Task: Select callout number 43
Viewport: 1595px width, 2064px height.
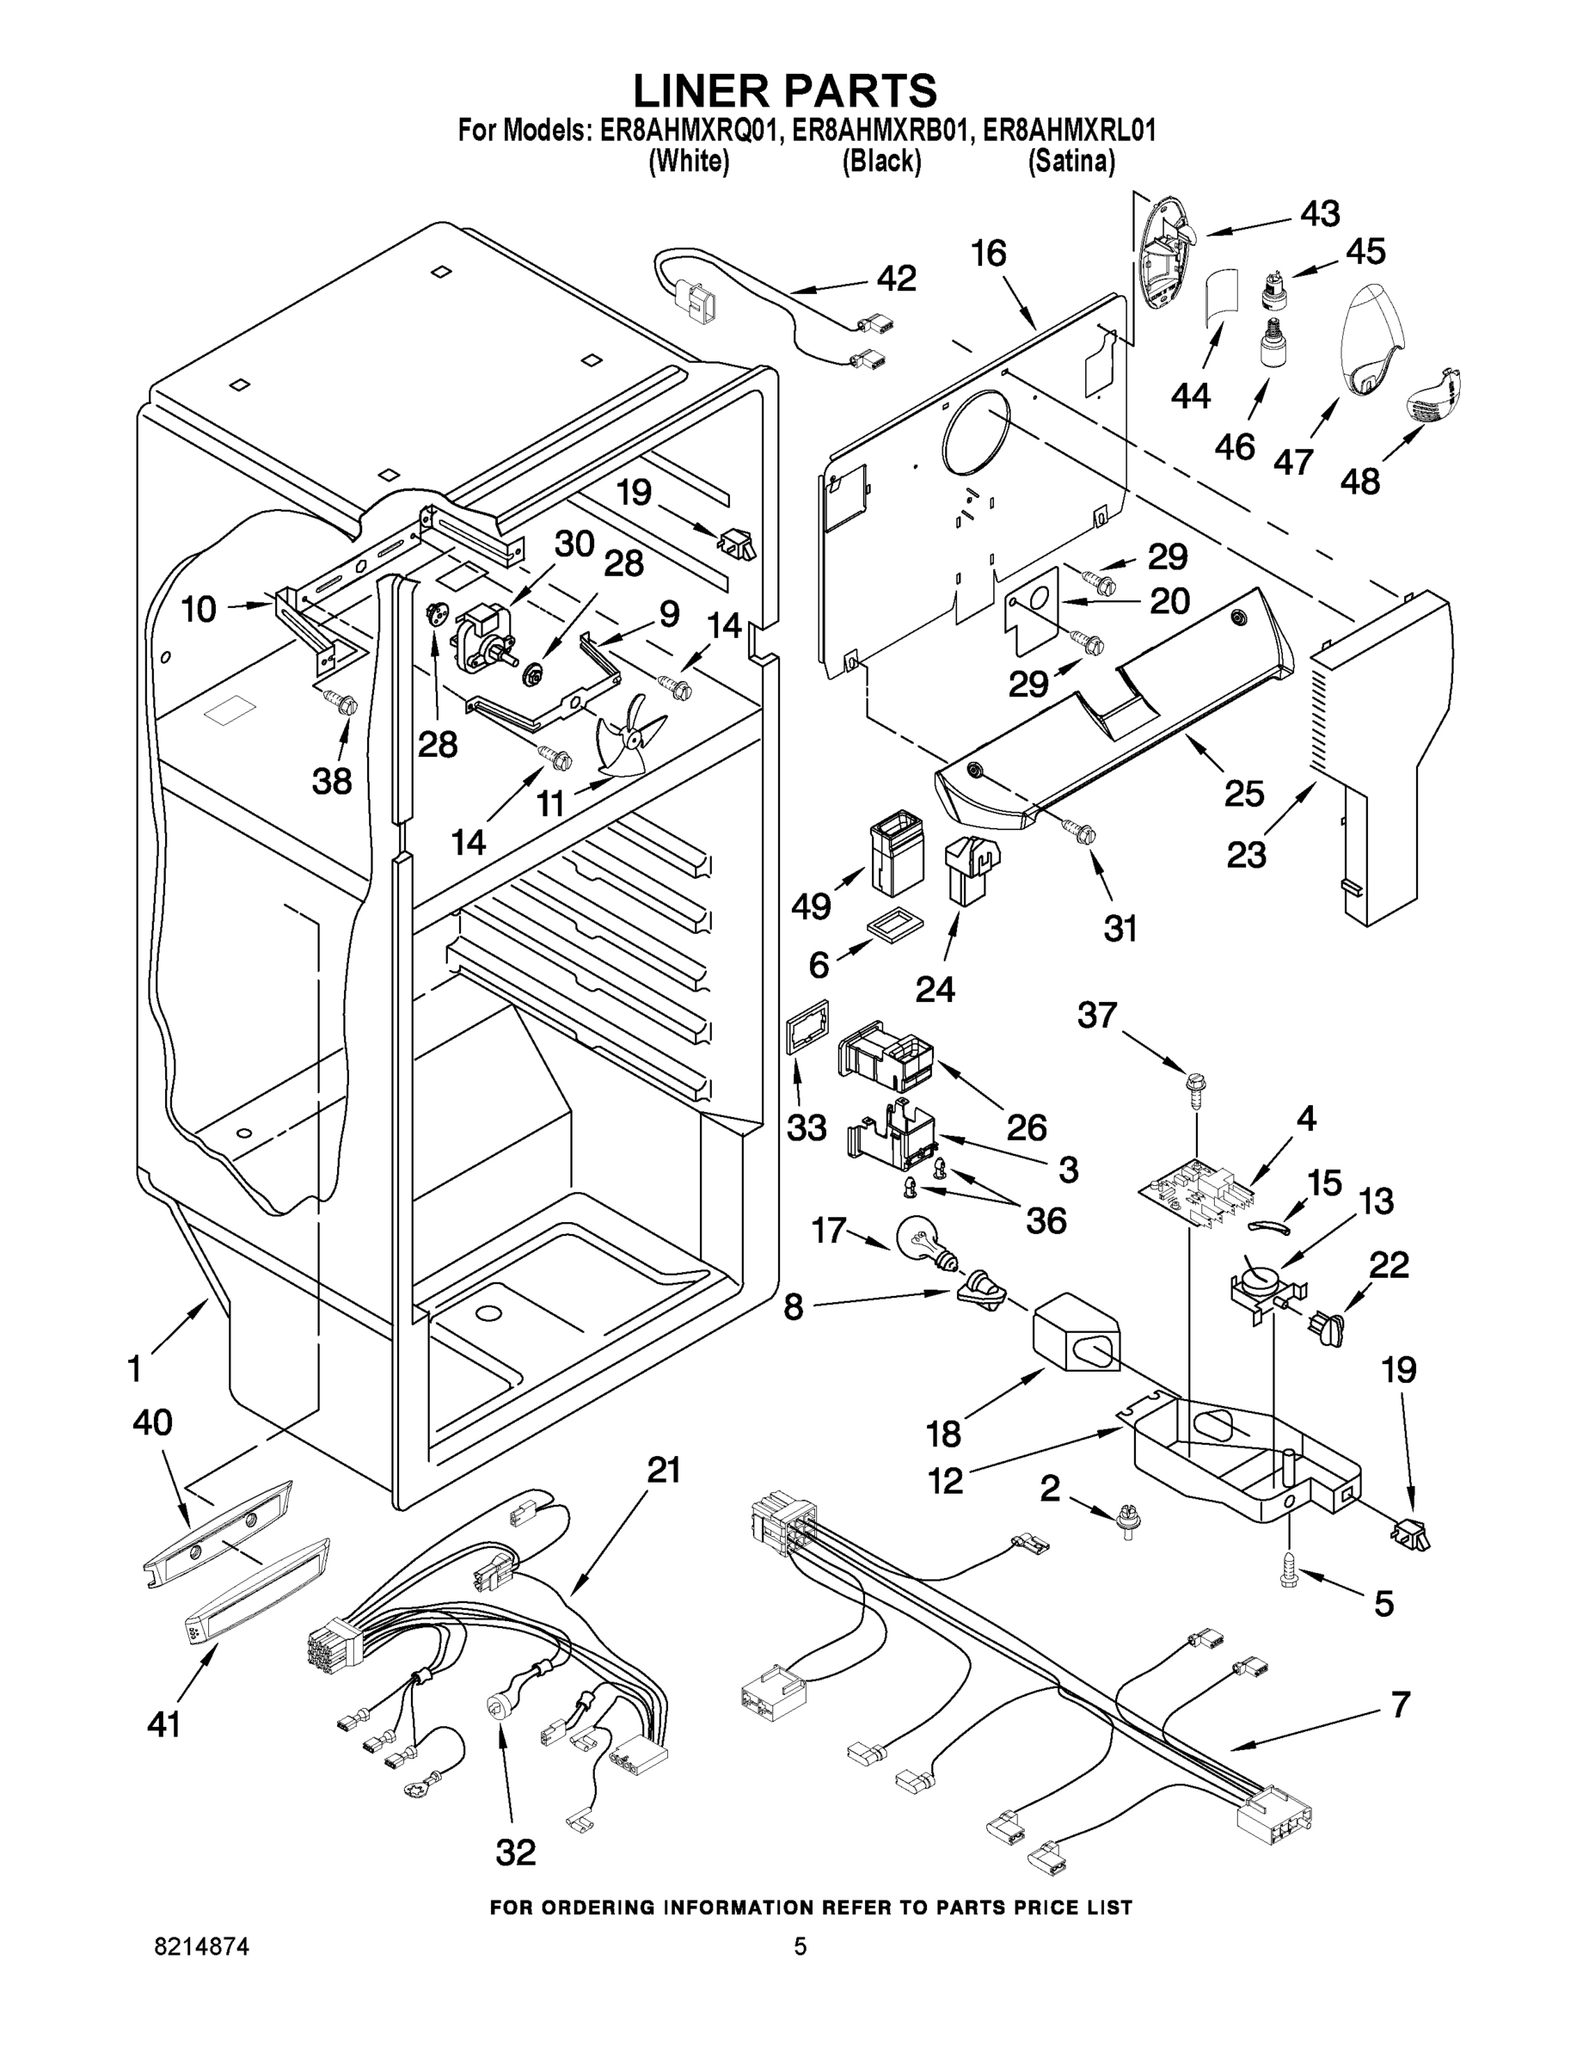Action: [1320, 214]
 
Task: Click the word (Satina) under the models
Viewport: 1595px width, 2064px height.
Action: [1071, 162]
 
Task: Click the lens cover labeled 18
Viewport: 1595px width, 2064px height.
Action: [1073, 1336]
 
